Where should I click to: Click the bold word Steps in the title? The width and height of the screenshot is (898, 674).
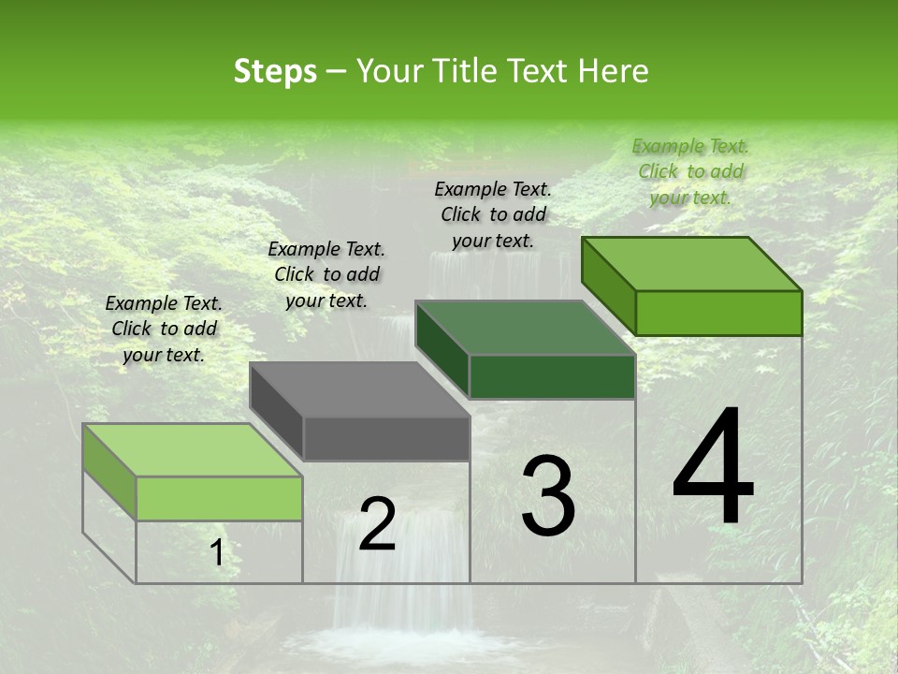tap(275, 71)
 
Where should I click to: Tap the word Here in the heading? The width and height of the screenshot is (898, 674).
tap(614, 71)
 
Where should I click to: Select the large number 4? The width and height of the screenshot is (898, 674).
tap(713, 468)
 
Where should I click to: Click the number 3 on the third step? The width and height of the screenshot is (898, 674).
tap(549, 497)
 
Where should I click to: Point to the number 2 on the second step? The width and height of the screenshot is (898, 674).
tap(377, 525)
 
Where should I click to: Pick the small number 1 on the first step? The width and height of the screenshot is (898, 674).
tap(217, 553)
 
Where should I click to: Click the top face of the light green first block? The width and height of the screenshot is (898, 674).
tap(192, 450)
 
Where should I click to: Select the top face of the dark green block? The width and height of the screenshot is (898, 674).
tap(525, 329)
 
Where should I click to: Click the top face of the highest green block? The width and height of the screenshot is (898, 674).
tap(691, 264)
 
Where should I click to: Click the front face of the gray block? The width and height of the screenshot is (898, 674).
tap(386, 439)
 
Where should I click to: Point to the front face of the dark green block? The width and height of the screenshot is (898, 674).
tap(552, 376)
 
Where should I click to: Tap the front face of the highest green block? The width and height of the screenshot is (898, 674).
tap(718, 313)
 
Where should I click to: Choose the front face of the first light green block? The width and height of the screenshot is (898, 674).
tap(219, 498)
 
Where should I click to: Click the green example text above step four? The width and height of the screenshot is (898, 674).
tap(690, 171)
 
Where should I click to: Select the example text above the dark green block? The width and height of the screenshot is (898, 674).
tap(493, 214)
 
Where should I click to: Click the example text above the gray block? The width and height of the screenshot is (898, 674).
tap(326, 274)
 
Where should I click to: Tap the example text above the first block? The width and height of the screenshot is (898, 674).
tap(164, 329)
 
